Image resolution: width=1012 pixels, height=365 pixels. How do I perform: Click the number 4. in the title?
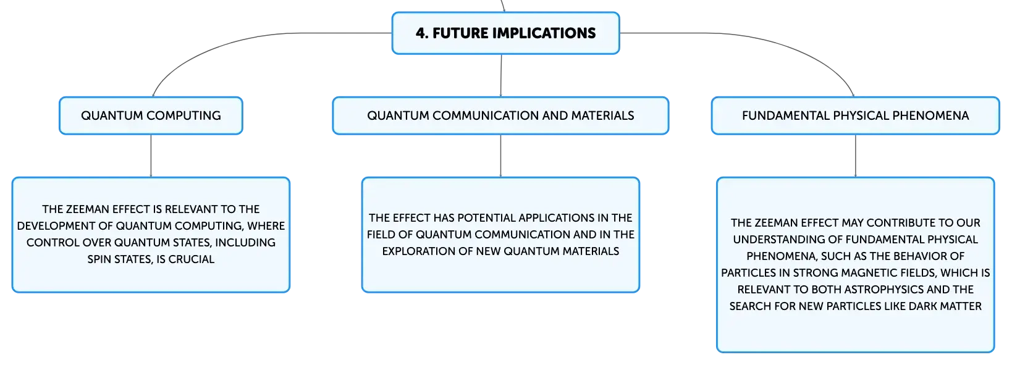point(422,33)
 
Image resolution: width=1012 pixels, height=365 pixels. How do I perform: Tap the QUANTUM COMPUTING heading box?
point(151,115)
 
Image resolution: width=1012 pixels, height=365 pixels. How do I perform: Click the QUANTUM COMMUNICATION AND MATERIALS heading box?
point(500,115)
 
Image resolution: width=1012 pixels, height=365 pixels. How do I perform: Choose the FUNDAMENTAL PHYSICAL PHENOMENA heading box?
point(855,115)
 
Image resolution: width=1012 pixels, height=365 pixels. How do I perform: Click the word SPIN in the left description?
point(99,259)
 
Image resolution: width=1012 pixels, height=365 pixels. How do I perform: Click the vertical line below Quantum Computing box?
point(151,156)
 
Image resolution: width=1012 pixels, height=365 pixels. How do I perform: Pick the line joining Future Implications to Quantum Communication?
point(501,75)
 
